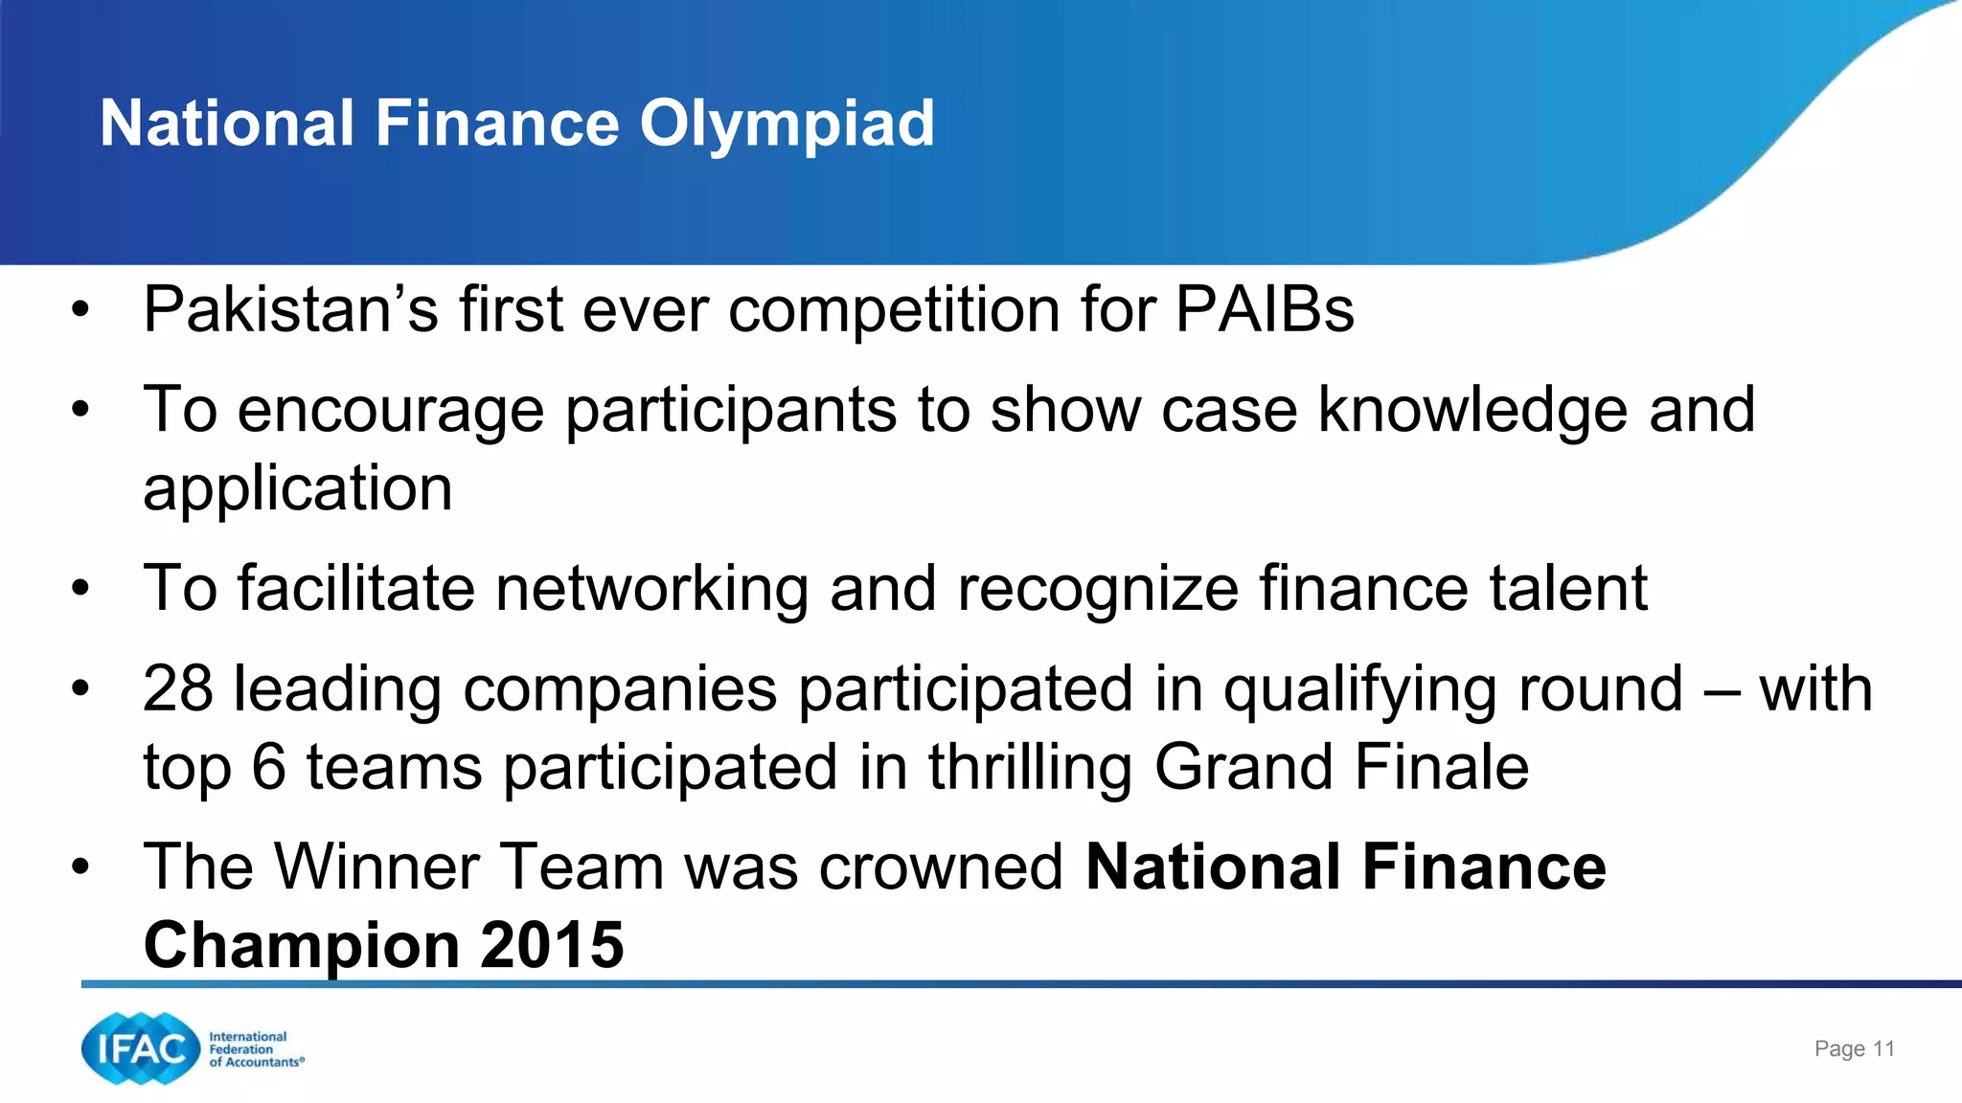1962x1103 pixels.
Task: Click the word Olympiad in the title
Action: click(x=787, y=124)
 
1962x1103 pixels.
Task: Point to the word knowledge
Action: click(x=1472, y=411)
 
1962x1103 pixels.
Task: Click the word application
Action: click(x=297, y=489)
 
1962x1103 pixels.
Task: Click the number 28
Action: click(x=178, y=688)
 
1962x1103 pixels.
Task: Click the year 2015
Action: click(x=552, y=945)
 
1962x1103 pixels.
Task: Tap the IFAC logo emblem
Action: click(x=140, y=1048)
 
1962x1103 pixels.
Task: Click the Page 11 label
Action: click(x=1854, y=1049)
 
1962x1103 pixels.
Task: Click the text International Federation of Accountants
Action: click(x=255, y=1049)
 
